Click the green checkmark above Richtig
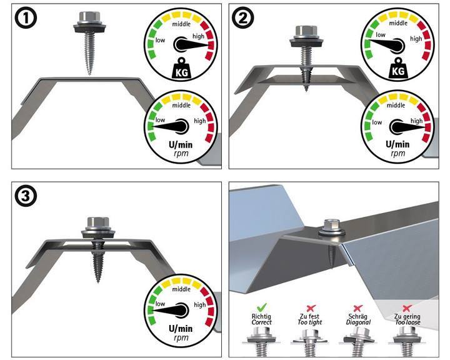point(262,308)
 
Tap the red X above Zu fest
point(310,308)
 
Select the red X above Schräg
point(358,308)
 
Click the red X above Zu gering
point(406,308)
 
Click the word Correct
point(262,322)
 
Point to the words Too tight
point(310,322)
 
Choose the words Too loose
point(406,322)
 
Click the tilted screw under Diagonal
point(357,341)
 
